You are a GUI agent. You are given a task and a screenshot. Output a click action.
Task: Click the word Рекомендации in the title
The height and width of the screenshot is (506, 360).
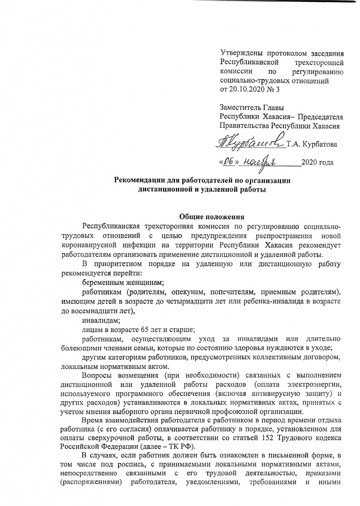click(143, 180)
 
